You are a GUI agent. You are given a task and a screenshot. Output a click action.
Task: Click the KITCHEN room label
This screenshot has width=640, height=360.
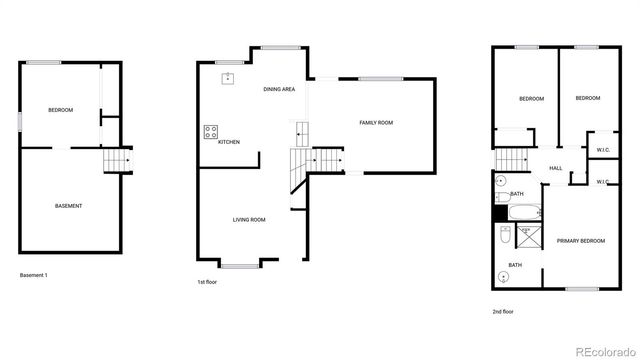point(229,142)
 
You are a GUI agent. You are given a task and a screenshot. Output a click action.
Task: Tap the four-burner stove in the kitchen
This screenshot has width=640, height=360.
point(211,130)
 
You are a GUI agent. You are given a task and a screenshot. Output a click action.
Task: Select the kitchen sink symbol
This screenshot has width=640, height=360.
point(228,77)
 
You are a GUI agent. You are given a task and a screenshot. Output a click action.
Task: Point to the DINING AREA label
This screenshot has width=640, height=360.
point(279,90)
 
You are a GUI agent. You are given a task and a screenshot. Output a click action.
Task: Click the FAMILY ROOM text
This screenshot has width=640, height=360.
point(376,122)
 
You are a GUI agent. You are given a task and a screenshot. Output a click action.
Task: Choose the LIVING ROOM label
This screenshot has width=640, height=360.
point(249,219)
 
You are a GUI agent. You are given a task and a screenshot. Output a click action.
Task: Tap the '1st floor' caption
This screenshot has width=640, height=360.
point(207,283)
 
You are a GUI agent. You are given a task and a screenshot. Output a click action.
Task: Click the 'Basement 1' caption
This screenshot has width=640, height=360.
point(35,274)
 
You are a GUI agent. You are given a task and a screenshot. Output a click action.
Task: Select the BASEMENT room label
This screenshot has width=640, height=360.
point(68,206)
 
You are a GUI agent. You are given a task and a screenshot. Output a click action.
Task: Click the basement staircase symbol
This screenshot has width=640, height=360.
point(118,160)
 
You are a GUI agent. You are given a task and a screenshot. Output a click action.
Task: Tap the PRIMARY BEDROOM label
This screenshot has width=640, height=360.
point(580,241)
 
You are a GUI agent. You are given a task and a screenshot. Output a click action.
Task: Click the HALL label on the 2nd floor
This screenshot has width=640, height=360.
point(555,168)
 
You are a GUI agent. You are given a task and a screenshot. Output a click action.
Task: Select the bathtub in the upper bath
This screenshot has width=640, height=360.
point(523,212)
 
